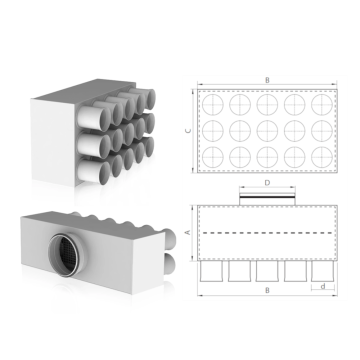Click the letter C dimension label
coord(189,131)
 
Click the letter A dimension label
coord(188,232)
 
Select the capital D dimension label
coord(267,183)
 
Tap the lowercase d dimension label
coord(322,286)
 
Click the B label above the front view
coord(267,80)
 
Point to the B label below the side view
coord(267,290)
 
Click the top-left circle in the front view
coord(213,105)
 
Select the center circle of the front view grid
coord(267,131)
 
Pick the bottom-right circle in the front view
coord(322,157)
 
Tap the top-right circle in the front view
coord(322,105)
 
